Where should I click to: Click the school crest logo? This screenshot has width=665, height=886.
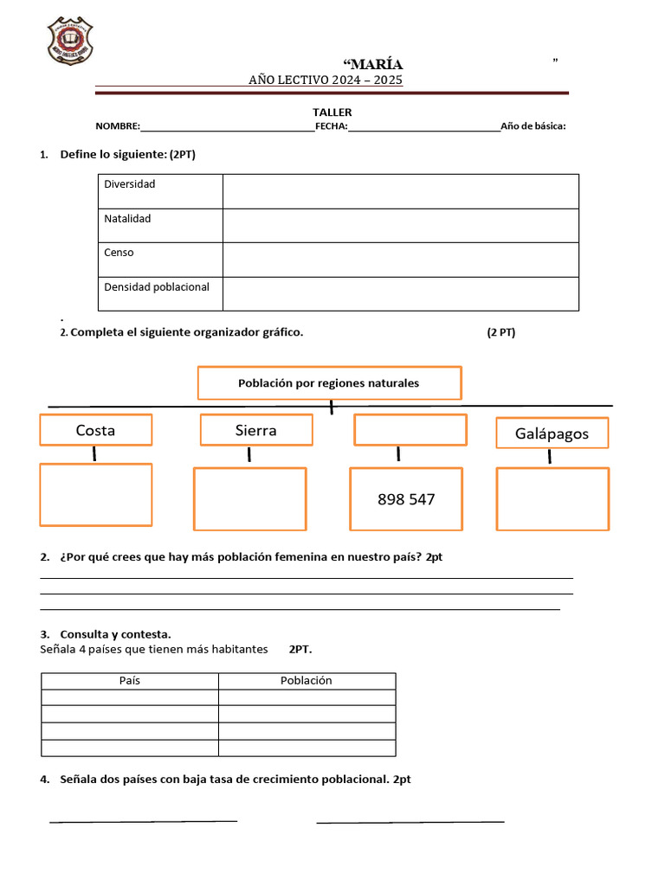70,42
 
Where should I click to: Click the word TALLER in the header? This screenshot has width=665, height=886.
332,112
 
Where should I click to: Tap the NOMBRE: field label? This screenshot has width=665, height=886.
118,126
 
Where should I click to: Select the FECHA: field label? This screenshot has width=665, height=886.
332,126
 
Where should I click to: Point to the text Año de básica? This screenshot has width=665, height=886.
533,126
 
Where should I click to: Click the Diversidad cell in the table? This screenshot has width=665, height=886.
130,184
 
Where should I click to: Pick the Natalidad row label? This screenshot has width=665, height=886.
127,219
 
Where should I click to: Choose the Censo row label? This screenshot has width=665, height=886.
119,253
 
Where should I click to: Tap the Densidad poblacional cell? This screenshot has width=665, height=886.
157,287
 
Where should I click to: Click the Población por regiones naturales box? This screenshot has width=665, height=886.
329,382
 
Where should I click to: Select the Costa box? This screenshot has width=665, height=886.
95,430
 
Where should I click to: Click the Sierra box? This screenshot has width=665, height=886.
255,430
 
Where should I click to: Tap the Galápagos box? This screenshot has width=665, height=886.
552,433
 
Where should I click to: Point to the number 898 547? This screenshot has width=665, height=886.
406,499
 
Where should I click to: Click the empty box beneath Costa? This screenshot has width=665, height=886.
95,495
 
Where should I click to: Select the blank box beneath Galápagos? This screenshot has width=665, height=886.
552,499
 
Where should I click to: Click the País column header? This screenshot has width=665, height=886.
130,681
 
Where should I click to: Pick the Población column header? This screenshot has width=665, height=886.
307,681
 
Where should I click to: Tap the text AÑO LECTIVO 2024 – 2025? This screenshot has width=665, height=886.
326,80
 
